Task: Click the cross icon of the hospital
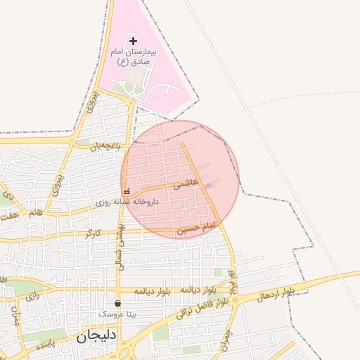tap(134, 41)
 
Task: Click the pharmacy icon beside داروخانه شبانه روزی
tap(127, 191)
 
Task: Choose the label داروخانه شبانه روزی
tap(128, 202)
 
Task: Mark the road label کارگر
tap(92, 233)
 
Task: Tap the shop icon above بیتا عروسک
tap(117, 304)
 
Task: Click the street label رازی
tap(32, 297)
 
